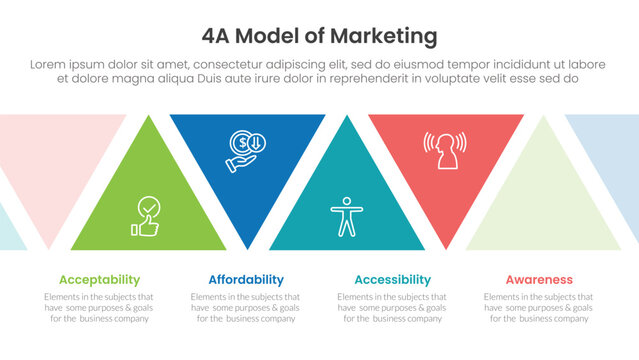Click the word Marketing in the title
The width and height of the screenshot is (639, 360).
tap(386, 37)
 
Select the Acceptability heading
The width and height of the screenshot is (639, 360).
tap(99, 280)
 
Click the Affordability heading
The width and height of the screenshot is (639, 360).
tap(246, 280)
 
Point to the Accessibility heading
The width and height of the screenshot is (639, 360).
tap(392, 280)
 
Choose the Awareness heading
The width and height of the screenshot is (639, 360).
tap(539, 280)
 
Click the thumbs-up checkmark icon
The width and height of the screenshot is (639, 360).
tap(146, 218)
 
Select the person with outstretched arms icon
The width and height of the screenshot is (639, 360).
tap(343, 214)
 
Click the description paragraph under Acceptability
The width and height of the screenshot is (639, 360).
tap(99, 307)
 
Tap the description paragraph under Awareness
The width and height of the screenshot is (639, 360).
tap(539, 307)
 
